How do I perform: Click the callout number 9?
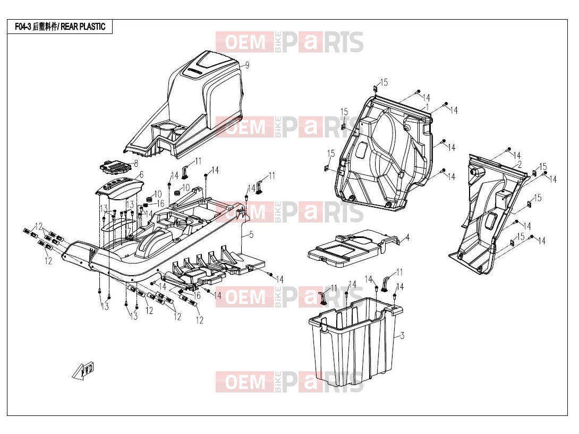pos(247,65)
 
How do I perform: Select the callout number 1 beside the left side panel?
pos(427,107)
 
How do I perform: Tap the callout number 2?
pos(520,164)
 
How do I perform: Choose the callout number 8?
pos(136,163)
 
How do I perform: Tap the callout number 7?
pos(129,232)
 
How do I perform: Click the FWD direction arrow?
pos(83,370)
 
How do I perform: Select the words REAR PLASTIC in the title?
pos(83,27)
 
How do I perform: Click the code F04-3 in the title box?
pos(23,27)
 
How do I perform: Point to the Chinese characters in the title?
pos(45,27)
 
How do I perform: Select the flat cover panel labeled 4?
pos(353,248)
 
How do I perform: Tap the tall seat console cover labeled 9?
pos(185,105)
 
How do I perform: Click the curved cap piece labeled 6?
pos(120,189)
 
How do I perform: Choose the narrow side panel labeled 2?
pos(488,214)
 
